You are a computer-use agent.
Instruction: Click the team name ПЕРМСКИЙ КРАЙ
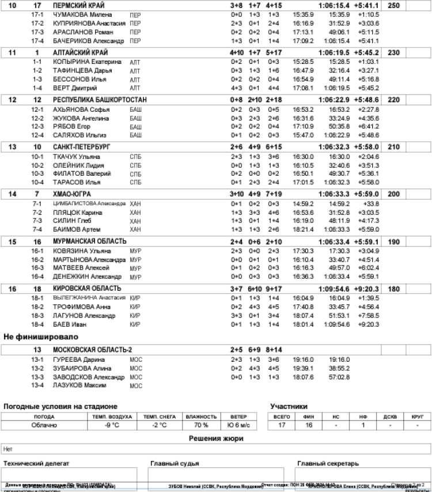pos(75,5)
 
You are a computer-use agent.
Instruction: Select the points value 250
pos(394,5)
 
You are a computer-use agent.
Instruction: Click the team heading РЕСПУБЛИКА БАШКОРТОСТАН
pos(100,100)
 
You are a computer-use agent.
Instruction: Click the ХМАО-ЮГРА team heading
pos(71,194)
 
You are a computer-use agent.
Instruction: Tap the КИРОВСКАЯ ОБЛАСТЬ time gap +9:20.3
pos(367,288)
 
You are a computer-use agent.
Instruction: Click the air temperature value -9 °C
pos(112,425)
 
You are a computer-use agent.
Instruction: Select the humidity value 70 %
pos(200,425)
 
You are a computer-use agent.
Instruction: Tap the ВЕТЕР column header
pos(238,417)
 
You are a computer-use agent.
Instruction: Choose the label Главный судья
pos(175,463)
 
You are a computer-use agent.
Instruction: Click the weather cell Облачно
pos(44,425)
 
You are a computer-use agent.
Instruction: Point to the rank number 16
pos(13,288)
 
